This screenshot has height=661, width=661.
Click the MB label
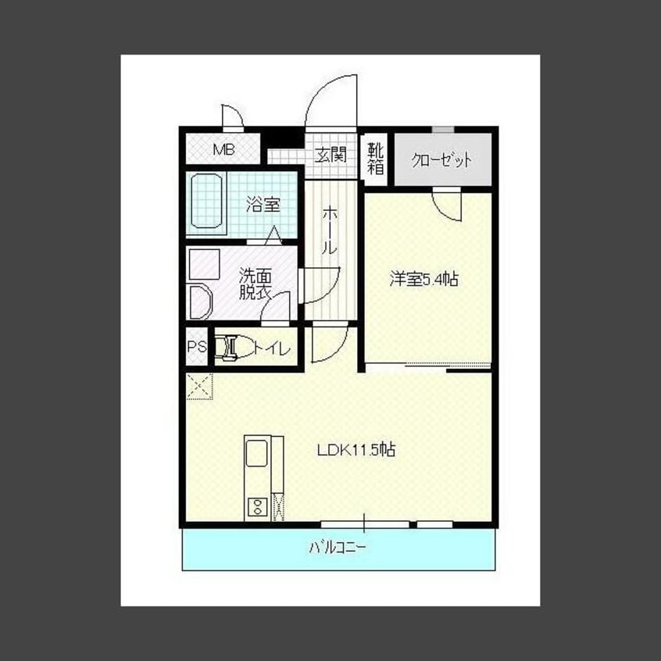[223, 149]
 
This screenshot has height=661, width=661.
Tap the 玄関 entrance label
[331, 155]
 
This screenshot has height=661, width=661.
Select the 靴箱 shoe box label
[376, 159]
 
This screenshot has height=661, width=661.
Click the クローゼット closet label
[441, 159]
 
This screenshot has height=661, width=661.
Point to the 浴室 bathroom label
[263, 205]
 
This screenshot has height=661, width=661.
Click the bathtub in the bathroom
[206, 201]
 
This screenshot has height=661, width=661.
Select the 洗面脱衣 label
[255, 284]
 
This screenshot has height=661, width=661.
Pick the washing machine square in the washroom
[205, 264]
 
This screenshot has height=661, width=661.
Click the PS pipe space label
[197, 347]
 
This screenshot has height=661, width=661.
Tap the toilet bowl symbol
[234, 348]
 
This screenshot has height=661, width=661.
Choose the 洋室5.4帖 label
[423, 279]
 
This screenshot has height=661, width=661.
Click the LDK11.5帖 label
[356, 450]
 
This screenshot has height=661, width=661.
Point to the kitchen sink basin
[256, 453]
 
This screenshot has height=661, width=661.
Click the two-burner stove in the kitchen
[257, 506]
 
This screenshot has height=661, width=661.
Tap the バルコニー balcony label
[338, 548]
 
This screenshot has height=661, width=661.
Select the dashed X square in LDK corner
[199, 386]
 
